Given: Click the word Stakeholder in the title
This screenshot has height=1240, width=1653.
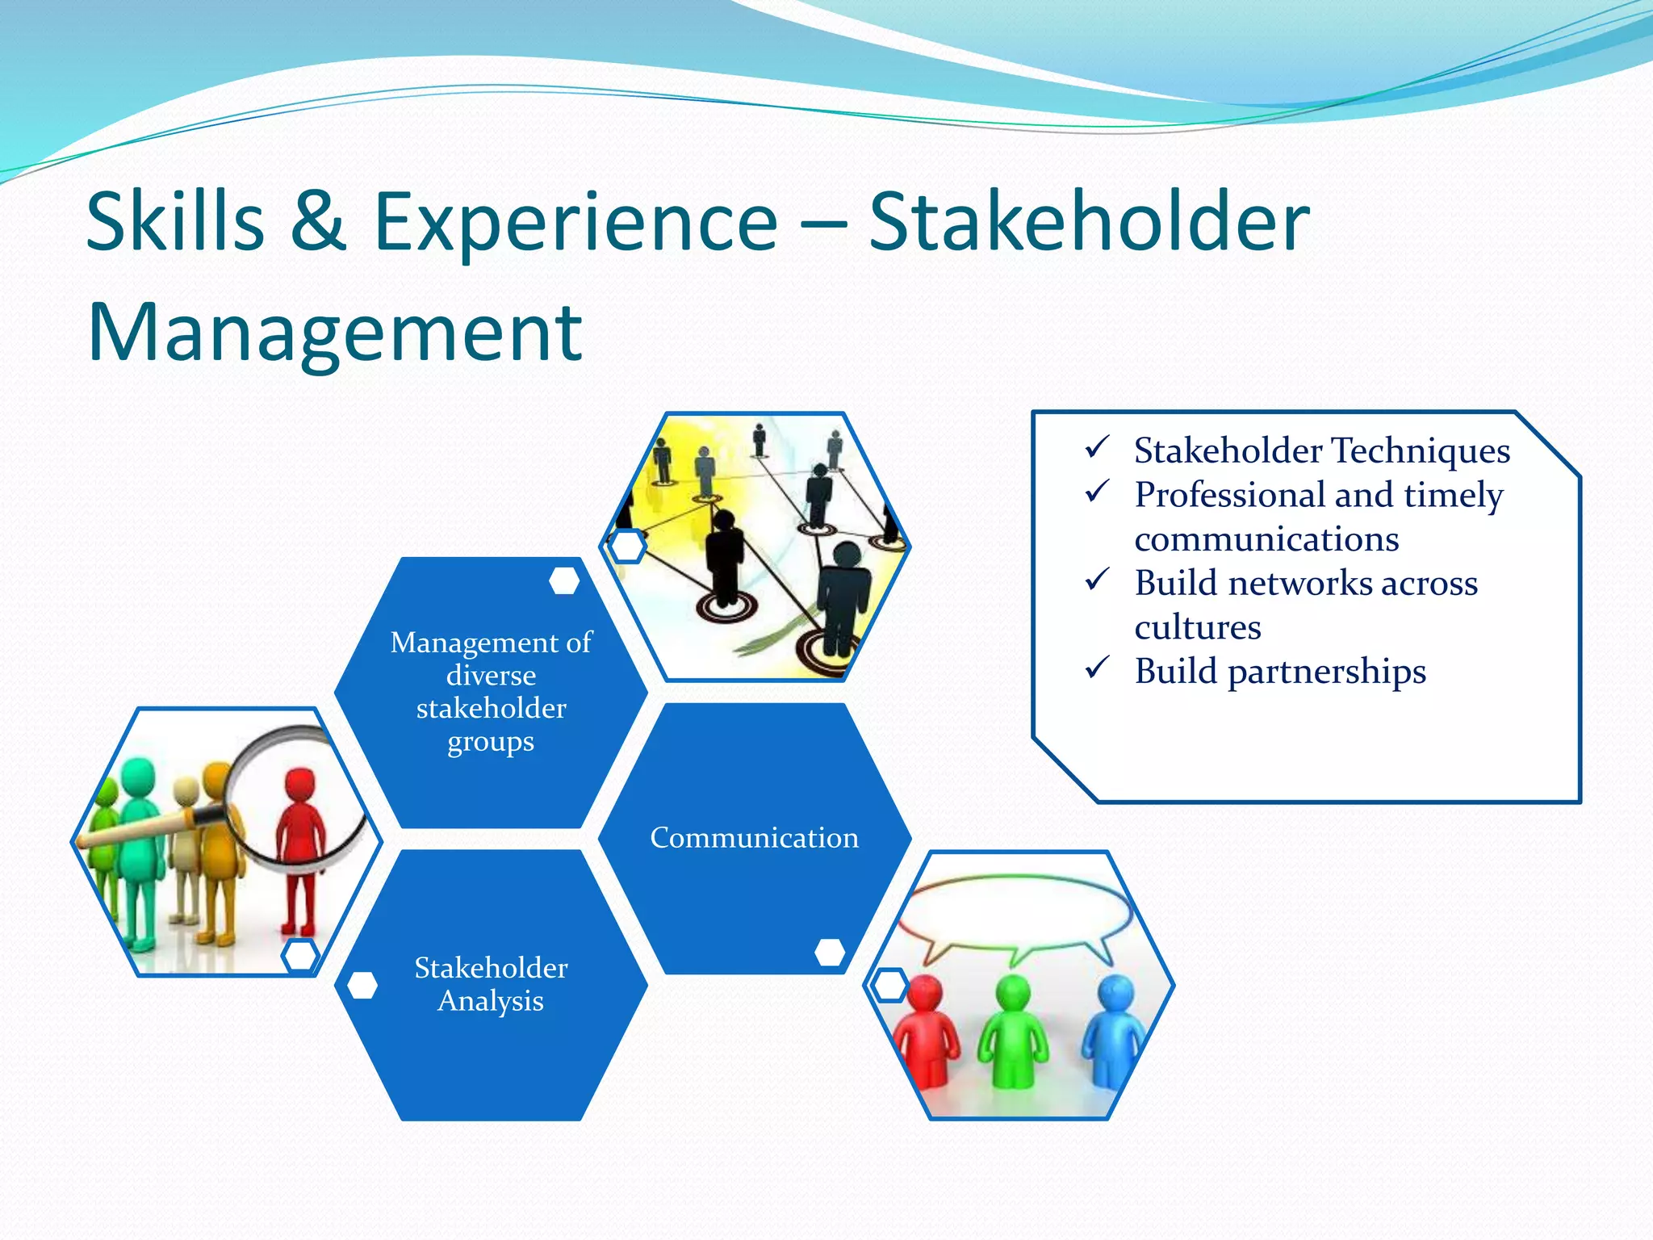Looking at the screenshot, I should [x=1088, y=222].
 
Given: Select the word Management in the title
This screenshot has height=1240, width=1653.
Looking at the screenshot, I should [x=334, y=333].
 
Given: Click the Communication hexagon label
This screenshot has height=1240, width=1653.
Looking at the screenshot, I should [x=754, y=838].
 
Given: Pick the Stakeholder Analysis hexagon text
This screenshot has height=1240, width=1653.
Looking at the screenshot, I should [x=491, y=984].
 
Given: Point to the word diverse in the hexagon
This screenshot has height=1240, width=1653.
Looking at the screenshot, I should [x=491, y=675].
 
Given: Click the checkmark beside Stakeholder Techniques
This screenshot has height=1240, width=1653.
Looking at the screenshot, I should [x=1098, y=447].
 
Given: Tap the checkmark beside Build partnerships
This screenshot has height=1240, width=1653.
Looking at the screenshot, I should [x=1098, y=668].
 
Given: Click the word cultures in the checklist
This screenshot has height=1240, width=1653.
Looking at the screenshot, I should [x=1197, y=627].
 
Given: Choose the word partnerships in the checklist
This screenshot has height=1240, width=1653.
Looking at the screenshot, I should [x=1326, y=672].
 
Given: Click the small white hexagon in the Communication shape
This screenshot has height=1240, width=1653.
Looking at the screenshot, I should [x=830, y=952].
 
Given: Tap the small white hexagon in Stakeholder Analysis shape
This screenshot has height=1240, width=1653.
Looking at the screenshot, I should [x=362, y=985].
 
